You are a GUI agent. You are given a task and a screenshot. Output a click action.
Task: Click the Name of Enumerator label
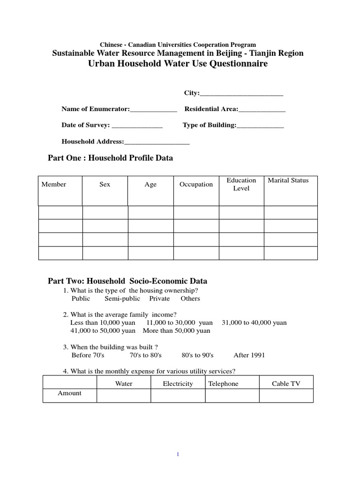click(x=96, y=109)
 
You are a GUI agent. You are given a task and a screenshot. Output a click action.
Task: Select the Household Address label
click(x=93, y=142)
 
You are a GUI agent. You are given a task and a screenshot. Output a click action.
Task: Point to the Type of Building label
click(x=209, y=125)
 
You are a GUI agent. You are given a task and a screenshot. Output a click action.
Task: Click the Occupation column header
click(x=196, y=185)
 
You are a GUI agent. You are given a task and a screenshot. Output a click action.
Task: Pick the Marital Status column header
click(x=288, y=180)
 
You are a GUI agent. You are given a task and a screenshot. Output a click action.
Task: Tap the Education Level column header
click(x=241, y=184)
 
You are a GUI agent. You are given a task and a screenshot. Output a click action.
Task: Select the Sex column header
click(x=105, y=185)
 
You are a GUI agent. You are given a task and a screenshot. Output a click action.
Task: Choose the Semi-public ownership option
click(x=122, y=299)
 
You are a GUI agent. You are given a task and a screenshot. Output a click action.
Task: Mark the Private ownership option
click(x=159, y=299)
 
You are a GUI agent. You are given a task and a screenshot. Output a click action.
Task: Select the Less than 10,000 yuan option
click(x=103, y=323)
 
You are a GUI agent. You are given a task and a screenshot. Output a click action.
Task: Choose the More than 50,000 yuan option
click(x=176, y=331)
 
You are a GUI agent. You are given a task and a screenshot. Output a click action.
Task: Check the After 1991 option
click(x=249, y=355)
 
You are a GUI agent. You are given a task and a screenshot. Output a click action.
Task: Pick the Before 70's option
click(x=88, y=355)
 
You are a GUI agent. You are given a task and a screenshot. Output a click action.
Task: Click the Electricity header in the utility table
click(x=178, y=384)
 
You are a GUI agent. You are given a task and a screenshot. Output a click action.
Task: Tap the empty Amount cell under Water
click(x=124, y=396)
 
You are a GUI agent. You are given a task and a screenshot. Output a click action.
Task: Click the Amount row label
click(x=69, y=393)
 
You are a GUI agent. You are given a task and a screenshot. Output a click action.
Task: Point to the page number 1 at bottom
click(x=179, y=454)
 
